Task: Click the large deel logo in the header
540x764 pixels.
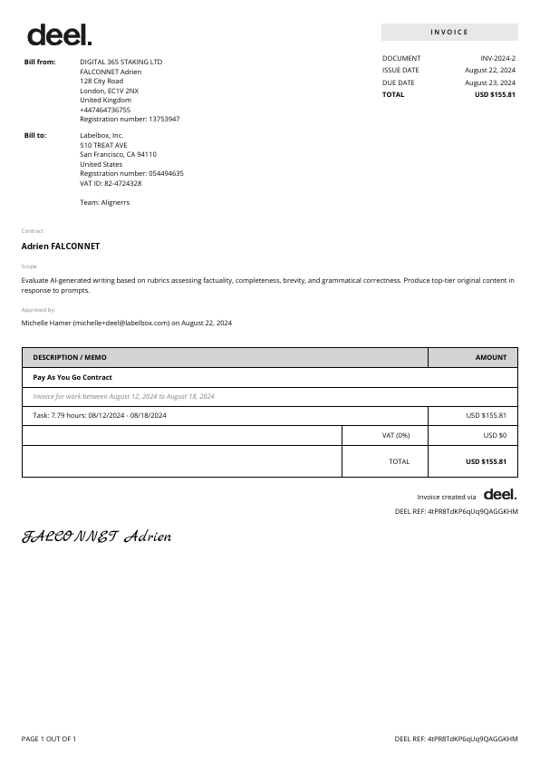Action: coord(59,35)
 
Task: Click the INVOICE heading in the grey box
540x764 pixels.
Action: coord(449,33)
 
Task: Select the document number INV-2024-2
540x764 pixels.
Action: coord(497,58)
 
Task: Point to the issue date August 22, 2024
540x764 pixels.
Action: coord(490,70)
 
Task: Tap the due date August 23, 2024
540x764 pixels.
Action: coord(490,82)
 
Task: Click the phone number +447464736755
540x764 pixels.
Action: coord(105,110)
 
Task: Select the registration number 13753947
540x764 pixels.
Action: coord(164,120)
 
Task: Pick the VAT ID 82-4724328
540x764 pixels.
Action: coord(121,183)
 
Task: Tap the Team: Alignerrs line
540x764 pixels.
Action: coord(104,202)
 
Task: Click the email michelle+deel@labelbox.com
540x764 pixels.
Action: coord(121,323)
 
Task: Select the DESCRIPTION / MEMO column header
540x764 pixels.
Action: coord(70,357)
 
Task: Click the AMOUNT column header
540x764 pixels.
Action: coord(490,357)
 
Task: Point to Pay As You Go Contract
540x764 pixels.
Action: coord(72,377)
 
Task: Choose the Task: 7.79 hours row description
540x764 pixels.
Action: coord(100,415)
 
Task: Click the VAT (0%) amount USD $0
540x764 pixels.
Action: coord(495,435)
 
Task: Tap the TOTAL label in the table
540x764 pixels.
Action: coord(399,461)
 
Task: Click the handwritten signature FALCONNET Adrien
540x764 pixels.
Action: coord(97,537)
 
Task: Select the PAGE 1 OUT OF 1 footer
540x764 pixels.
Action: coord(49,739)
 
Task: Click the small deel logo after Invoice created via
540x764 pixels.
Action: coord(499,495)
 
